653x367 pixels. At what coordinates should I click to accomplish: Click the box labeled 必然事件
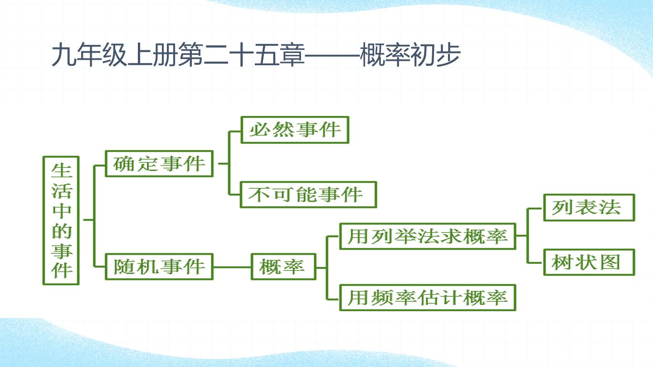coord(295,130)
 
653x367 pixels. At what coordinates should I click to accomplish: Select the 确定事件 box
coord(159,164)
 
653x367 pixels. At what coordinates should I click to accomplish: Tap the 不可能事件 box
coord(308,194)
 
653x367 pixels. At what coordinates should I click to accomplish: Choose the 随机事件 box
coord(159,267)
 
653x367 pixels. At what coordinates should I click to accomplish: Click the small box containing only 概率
coord(283,267)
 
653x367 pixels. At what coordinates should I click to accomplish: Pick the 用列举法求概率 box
coord(428,236)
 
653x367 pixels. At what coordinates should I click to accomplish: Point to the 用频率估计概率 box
coord(428,298)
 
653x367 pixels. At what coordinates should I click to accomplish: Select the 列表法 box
coord(589,208)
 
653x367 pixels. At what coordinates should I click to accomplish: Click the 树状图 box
coord(589,262)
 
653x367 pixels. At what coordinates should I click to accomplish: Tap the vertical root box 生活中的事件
coord(61,221)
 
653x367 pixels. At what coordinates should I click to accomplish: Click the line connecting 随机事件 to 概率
coord(232,267)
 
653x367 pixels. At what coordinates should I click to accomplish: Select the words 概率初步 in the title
coord(410,55)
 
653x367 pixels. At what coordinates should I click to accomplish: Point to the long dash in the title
coord(332,55)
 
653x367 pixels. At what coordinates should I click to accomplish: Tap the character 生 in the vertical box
coord(61,171)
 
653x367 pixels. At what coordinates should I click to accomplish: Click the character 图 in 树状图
coord(610,262)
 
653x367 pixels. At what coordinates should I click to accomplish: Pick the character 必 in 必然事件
coord(260,130)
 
